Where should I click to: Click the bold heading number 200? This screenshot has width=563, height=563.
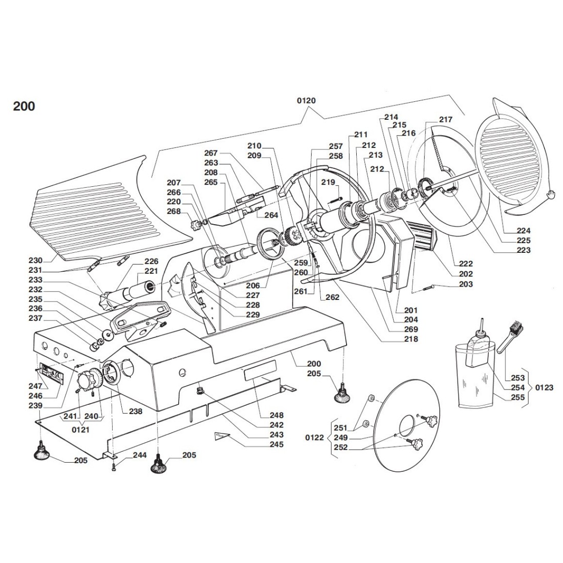pos(24,106)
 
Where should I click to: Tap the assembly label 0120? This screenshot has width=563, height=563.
pos(306,100)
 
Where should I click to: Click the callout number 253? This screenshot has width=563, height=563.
pos(517,378)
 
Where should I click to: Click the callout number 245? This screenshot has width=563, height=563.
pos(277,444)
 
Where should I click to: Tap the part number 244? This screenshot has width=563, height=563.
pos(140,454)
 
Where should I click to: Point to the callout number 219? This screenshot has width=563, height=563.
pos(328,182)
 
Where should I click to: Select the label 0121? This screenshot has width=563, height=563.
pos(80,429)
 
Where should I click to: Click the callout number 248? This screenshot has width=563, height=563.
pos(277,415)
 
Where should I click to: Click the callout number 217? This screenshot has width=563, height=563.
pos(446,119)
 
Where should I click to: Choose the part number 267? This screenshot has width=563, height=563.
pos(211,153)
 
